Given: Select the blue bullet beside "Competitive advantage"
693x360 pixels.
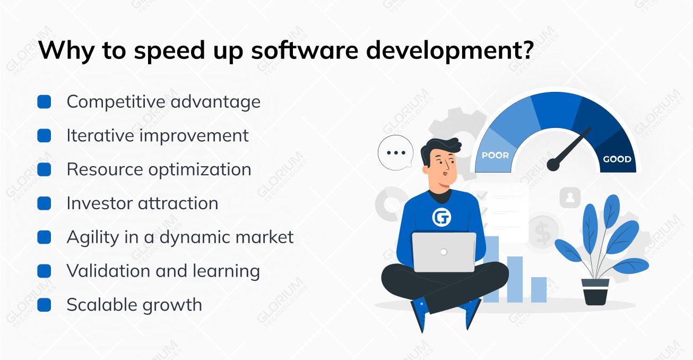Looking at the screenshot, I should tap(44, 102).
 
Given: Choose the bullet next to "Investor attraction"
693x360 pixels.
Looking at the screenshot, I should tap(44, 203).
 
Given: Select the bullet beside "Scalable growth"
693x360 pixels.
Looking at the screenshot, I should tap(44, 305).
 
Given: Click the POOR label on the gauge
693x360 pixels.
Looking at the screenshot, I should tap(495, 156).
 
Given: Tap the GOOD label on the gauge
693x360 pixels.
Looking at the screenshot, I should tap(617, 159).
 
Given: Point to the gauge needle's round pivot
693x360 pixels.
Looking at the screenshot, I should tap(553, 165).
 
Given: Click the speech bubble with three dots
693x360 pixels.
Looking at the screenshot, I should tap(395, 152).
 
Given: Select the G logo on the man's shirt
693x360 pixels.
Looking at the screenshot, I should tap(441, 217).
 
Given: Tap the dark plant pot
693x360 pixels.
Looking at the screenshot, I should tap(595, 292).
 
